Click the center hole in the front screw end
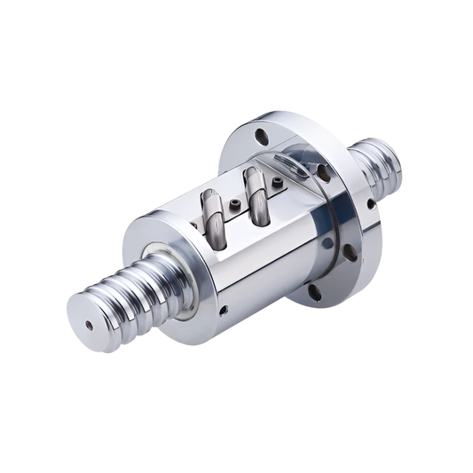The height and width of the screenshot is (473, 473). pyautogui.click(x=89, y=325)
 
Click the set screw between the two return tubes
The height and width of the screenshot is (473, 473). pyautogui.click(x=233, y=206)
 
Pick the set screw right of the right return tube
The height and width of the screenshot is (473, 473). pyautogui.click(x=278, y=183)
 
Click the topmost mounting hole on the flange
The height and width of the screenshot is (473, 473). pyautogui.click(x=261, y=137)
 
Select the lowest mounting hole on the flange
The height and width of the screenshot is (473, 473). pyautogui.click(x=314, y=290)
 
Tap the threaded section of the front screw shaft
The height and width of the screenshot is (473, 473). pyautogui.click(x=133, y=288)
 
